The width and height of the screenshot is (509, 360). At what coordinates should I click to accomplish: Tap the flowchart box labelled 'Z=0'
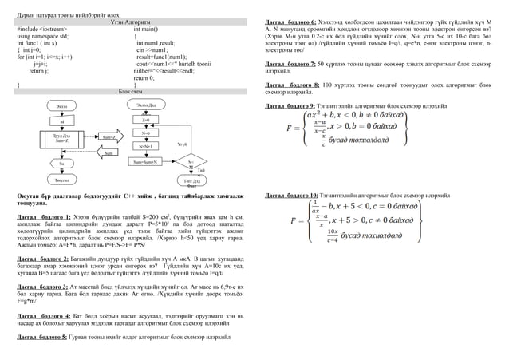145,119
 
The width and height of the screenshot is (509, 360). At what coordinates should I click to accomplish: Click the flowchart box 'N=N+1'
145,147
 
